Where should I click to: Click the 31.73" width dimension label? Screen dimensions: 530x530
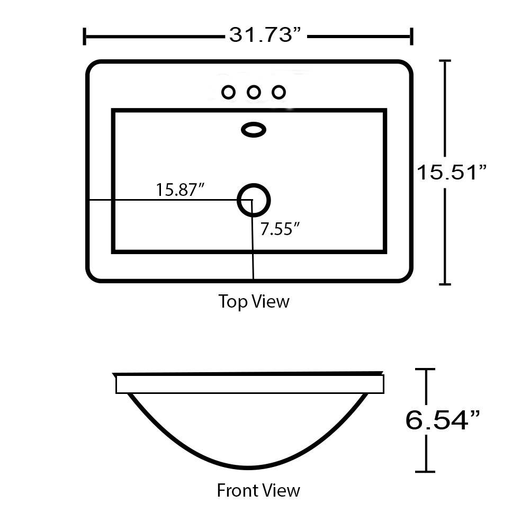[x=265, y=35]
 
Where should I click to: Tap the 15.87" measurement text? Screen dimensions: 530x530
[x=180, y=190]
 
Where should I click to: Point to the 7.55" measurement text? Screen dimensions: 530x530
[x=280, y=229]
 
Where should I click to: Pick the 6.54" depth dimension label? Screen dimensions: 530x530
[x=443, y=420]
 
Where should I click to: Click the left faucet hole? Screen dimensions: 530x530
[x=229, y=92]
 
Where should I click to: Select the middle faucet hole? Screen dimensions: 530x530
[x=254, y=92]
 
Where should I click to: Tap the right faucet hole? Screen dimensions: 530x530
[x=279, y=92]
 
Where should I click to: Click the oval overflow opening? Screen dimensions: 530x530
[x=254, y=130]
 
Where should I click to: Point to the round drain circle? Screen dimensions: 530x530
[x=254, y=200]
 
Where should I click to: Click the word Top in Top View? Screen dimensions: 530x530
[x=233, y=301]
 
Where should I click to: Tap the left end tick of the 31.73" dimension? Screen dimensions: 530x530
[x=84, y=36]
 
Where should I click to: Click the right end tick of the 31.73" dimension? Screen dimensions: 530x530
[x=411, y=36]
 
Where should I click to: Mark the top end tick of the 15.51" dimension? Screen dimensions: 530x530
[x=445, y=61]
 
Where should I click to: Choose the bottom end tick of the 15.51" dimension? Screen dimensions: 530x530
[x=445, y=284]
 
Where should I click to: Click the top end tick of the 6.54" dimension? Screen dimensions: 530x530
[x=425, y=370]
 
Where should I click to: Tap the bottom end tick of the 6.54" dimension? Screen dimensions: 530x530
[x=425, y=471]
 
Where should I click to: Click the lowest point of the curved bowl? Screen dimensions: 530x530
[x=248, y=468]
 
